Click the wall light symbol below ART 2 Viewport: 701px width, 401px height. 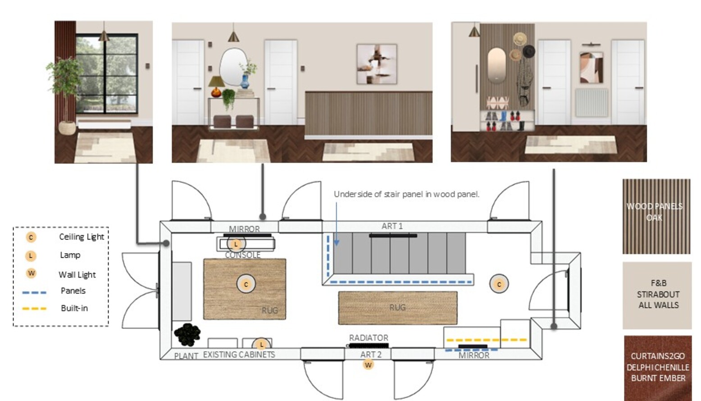(369, 365)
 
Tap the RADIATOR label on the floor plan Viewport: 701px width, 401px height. (369, 338)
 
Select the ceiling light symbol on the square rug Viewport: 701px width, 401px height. (246, 284)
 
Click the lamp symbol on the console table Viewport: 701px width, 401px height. (236, 244)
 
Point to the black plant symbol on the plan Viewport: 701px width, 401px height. (187, 335)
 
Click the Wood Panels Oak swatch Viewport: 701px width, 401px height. (656, 216)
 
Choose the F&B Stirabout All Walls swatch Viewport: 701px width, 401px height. (657, 296)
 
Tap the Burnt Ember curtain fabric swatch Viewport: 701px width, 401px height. (658, 368)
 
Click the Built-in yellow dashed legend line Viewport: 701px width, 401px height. (34, 309)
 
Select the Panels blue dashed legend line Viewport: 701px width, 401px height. (34, 293)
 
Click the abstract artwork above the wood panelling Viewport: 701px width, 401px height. (377, 64)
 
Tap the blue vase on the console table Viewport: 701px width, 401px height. (245, 82)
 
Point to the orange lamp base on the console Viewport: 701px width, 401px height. (216, 92)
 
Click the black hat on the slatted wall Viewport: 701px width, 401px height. (528, 51)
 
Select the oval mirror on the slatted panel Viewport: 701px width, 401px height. (496, 65)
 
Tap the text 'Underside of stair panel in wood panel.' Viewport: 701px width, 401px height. (406, 194)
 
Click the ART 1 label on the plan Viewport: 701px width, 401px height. (392, 226)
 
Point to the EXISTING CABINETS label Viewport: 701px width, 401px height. (239, 355)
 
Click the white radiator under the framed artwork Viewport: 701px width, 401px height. (592, 103)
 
